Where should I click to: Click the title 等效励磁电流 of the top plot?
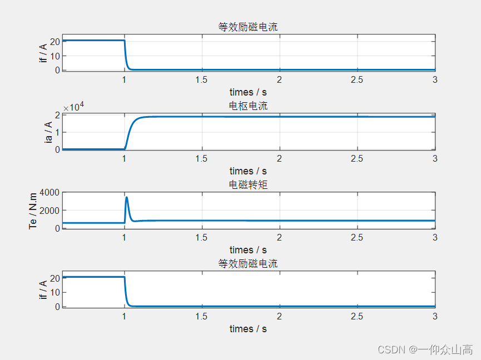pos(248,27)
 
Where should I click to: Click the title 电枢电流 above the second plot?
pos(248,106)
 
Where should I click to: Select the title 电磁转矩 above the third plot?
pos(248,184)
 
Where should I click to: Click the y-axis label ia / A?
pos(49,132)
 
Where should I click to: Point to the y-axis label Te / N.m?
pos(33,211)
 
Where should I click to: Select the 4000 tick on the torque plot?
pos(49,193)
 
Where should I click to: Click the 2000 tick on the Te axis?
pos(49,211)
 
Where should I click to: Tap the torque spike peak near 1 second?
pos(127,197)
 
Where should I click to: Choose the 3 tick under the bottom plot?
pos(435,317)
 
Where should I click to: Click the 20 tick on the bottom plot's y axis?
pos(54,278)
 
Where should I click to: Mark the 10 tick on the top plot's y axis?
pos(54,56)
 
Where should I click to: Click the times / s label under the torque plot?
pos(248,250)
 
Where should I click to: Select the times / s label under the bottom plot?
pos(248,329)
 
